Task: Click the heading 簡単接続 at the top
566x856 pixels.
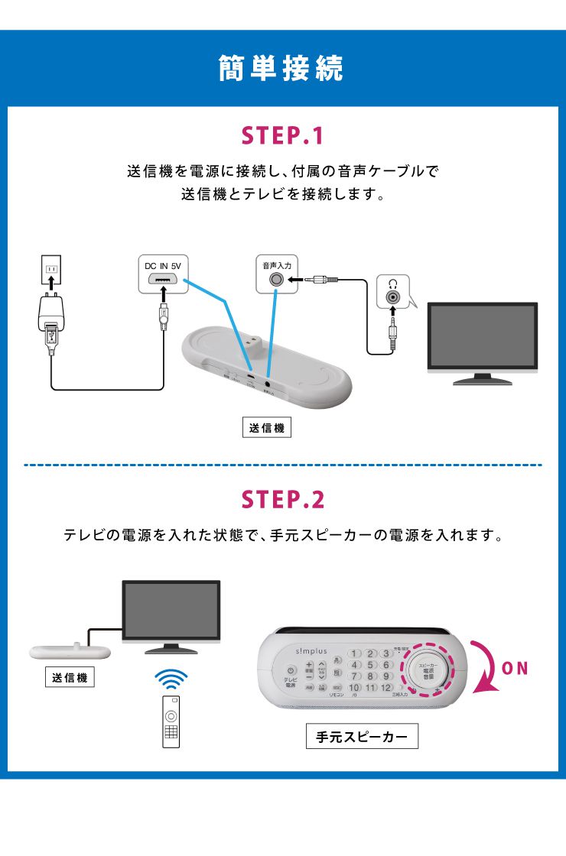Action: pyautogui.click(x=282, y=68)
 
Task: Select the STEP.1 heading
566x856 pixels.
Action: pyautogui.click(x=283, y=137)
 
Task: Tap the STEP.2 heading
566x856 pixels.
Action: pyautogui.click(x=283, y=500)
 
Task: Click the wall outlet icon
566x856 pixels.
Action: pyautogui.click(x=51, y=270)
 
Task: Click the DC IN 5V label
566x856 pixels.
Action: pyautogui.click(x=162, y=265)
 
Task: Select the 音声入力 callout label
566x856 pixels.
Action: pyautogui.click(x=273, y=265)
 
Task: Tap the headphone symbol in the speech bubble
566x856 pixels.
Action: pyautogui.click(x=392, y=282)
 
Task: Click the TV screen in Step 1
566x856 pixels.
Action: pyautogui.click(x=482, y=335)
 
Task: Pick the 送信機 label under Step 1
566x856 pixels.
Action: pyautogui.click(x=266, y=427)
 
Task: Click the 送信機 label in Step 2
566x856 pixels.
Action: pyautogui.click(x=70, y=677)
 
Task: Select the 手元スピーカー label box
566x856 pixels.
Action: pyautogui.click(x=361, y=738)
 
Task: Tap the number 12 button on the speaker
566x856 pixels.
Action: pyautogui.click(x=386, y=688)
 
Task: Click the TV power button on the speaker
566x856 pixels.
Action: pyautogui.click(x=291, y=670)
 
